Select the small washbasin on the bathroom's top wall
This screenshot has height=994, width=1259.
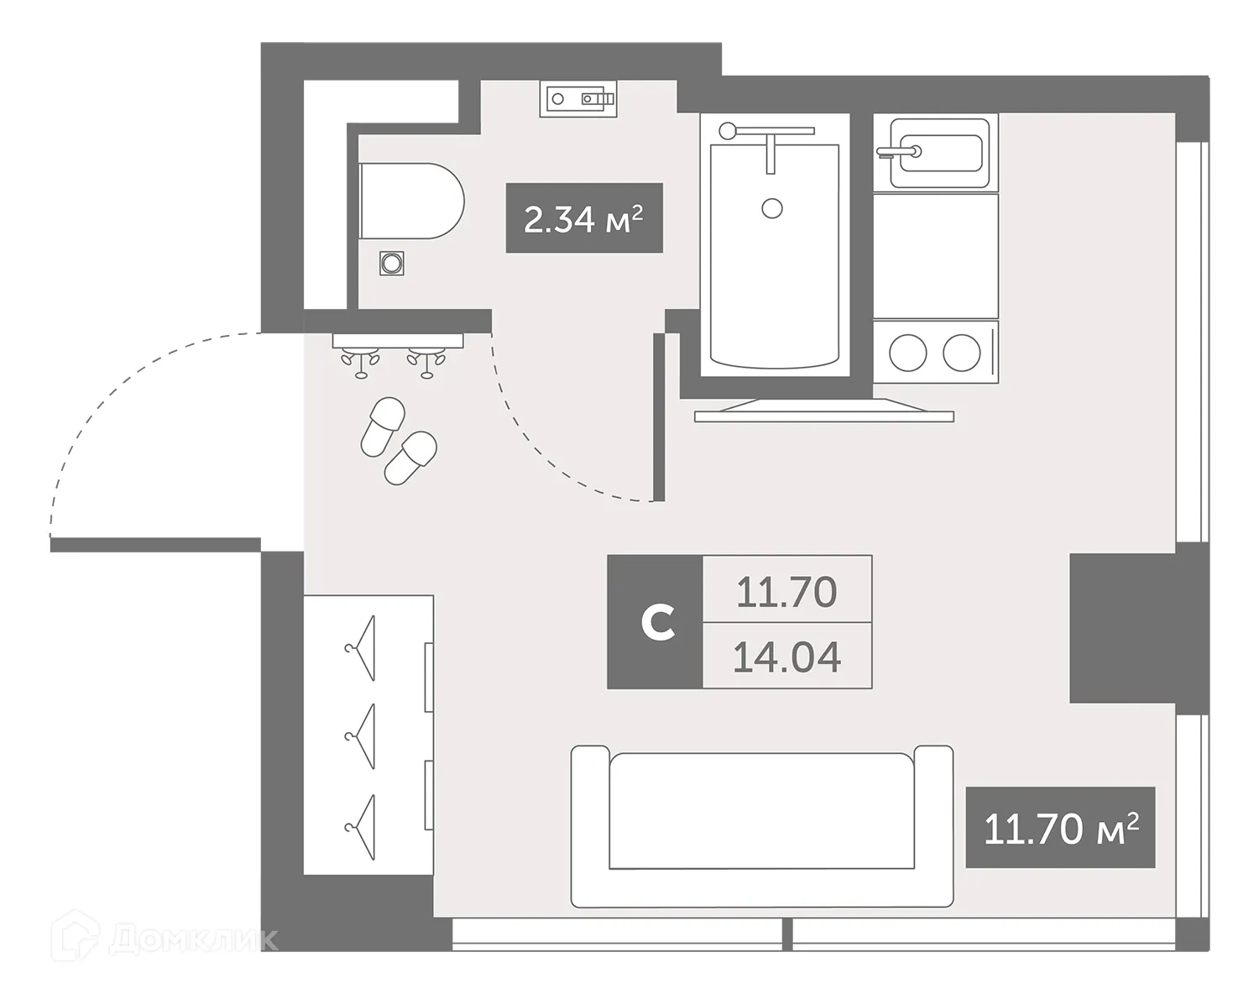click(x=577, y=99)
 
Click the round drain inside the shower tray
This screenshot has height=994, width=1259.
click(x=772, y=207)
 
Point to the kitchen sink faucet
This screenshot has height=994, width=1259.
click(x=897, y=152)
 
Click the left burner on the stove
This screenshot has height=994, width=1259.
click(x=907, y=353)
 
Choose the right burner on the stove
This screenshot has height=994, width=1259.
click(x=962, y=353)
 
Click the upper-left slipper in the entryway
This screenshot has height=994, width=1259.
click(x=382, y=426)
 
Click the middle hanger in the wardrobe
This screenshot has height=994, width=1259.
click(x=361, y=736)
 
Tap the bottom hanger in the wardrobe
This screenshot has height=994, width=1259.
click(x=361, y=826)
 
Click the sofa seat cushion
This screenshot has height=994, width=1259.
click(x=760, y=811)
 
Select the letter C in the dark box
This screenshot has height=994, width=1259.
click(x=656, y=623)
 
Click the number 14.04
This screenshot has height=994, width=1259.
click(x=786, y=657)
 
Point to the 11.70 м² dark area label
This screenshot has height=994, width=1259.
click(x=1061, y=829)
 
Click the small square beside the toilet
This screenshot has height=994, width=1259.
click(x=391, y=264)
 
